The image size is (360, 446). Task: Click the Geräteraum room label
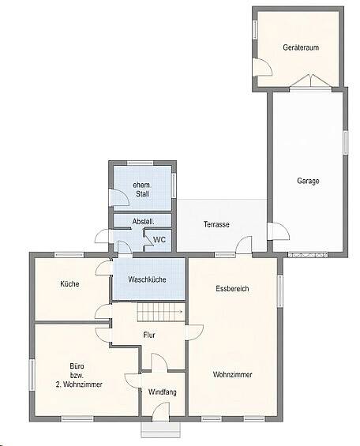[x=299, y=48]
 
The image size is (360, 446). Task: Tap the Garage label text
[x=308, y=181]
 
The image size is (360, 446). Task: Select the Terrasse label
[x=216, y=225]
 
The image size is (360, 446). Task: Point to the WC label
[x=159, y=239]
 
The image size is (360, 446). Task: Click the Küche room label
[x=69, y=284]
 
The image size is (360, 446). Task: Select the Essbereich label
[x=232, y=289]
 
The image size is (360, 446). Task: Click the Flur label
[x=149, y=335]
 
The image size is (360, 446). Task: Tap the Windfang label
[x=162, y=392]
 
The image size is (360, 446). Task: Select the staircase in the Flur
[x=159, y=313]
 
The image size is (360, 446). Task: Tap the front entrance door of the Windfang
[x=161, y=411]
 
